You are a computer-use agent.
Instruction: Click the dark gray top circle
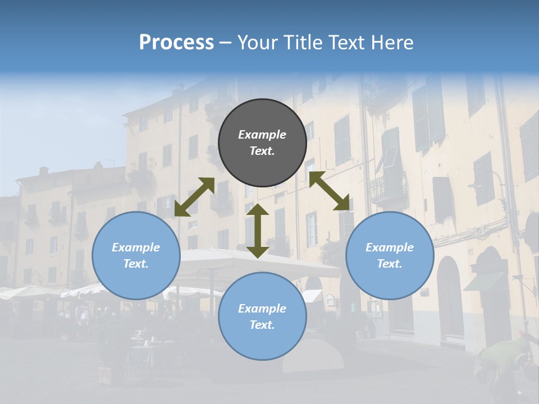click(262, 143)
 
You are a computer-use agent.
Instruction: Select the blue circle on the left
click(136, 255)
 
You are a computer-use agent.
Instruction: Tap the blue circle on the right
click(390, 255)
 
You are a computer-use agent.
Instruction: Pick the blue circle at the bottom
click(262, 316)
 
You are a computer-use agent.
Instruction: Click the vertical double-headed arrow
click(258, 231)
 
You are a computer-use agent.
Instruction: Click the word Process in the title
click(176, 42)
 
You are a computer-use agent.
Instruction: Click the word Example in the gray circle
click(262, 135)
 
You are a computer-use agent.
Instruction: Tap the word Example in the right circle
click(390, 247)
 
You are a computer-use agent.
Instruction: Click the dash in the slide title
click(226, 43)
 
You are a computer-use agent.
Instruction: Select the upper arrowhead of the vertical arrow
click(258, 209)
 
